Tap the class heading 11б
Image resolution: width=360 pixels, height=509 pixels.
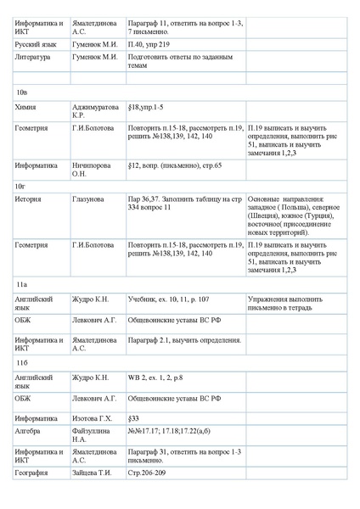pyautogui.click(x=22, y=362)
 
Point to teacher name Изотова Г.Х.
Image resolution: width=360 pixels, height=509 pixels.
pyautogui.click(x=93, y=418)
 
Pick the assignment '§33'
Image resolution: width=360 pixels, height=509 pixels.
pyautogui.click(x=133, y=418)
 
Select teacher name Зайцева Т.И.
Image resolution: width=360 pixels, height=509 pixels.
pyautogui.click(x=93, y=473)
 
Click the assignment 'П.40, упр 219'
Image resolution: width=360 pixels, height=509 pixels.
pyautogui.click(x=150, y=44)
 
